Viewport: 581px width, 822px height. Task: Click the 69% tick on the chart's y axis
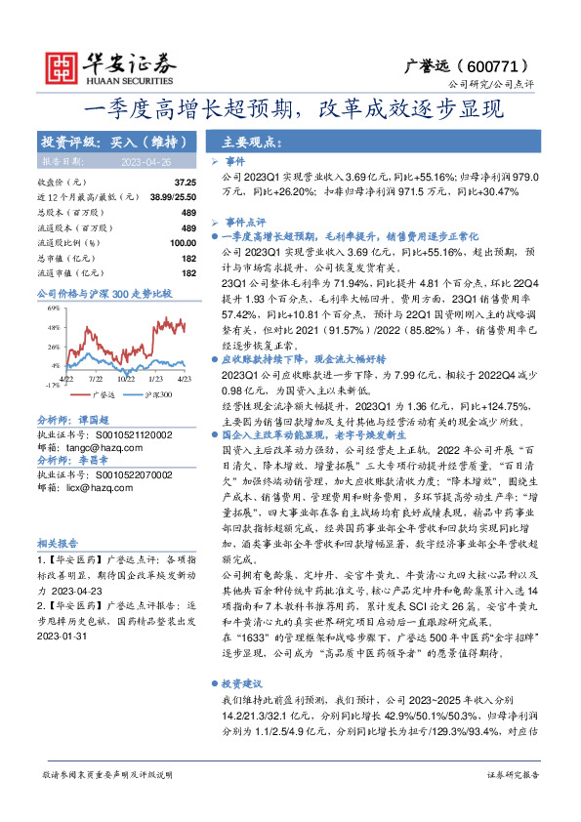coord(53,307)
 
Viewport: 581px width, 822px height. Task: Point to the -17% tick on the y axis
coord(51,385)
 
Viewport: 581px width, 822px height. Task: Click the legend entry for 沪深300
coord(153,396)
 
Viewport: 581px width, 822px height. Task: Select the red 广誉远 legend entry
coord(98,396)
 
